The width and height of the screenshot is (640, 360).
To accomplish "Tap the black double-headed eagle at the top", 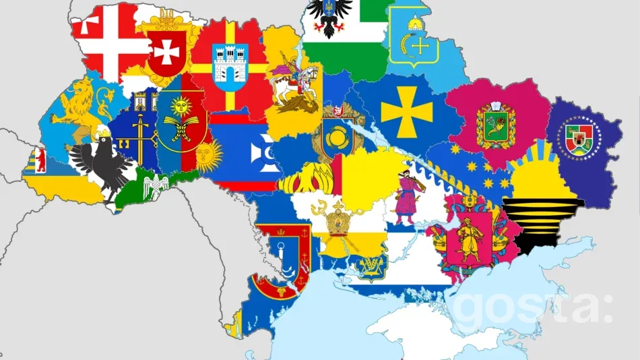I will coord(329,16).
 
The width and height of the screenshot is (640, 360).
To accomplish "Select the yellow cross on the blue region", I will coord(406,111).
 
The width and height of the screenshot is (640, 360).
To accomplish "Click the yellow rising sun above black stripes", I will coord(543,169).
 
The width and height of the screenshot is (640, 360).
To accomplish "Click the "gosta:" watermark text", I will coord(532,306).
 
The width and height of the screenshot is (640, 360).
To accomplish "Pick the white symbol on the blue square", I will coord(259,152).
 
